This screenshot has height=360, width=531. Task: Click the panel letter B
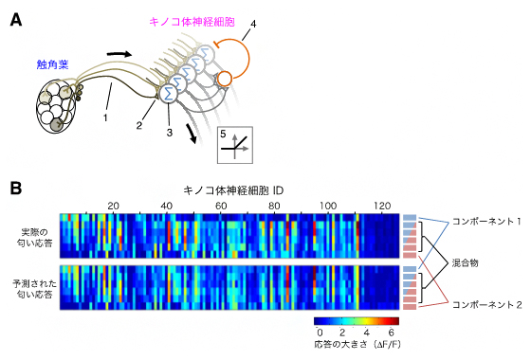click(x=17, y=188)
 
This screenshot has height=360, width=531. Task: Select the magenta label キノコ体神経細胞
click(x=194, y=19)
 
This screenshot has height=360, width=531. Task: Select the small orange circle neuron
click(x=225, y=78)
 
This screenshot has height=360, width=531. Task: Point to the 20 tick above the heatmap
click(x=113, y=206)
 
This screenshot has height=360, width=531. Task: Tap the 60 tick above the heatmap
click(x=221, y=206)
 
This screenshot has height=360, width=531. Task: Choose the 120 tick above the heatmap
click(x=383, y=206)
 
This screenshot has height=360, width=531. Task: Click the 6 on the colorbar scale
click(x=390, y=333)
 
